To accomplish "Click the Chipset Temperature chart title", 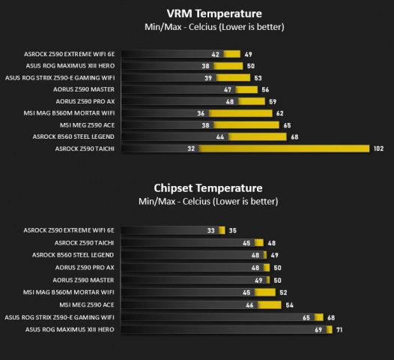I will pos(207,188).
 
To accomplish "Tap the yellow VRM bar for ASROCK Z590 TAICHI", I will pos(285,148).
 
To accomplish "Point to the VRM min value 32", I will pos(192,148).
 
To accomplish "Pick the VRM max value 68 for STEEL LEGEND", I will pos(294,136).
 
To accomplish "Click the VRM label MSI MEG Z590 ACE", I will pos(87,124).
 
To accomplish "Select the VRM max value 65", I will pos(288,124).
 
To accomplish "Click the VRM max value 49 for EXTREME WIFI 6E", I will pos(248,54).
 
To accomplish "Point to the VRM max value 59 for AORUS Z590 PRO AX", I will pos(273,101).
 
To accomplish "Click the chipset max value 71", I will pos(339,329).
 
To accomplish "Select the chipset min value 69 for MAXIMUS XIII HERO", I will pos(318,329).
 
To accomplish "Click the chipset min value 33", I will pos(211,230).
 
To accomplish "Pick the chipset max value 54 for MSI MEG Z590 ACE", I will pos(290,305).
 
